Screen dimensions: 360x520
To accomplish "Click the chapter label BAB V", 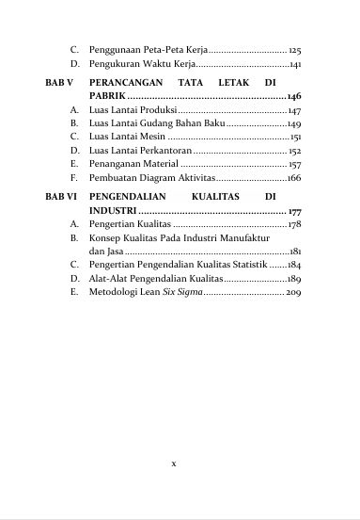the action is point(59,83).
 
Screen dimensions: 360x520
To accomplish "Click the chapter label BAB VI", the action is point(61,198).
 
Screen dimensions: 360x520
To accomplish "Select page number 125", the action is point(294,47).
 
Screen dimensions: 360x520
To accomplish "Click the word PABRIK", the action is point(106,97).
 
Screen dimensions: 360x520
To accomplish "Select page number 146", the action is point(293,97).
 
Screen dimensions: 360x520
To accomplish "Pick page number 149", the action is point(293,124).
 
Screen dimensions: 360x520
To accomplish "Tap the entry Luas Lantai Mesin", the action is point(126,138).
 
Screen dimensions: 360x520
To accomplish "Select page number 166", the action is point(293,177).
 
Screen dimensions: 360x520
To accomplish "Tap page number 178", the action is point(294,226).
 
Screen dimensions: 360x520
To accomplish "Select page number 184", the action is point(294,266).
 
